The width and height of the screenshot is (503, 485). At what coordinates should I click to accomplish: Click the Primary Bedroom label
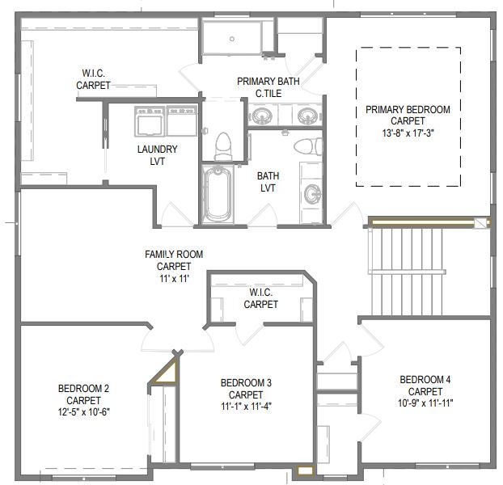[408, 110]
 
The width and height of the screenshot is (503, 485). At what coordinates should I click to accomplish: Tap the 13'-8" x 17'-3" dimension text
[408, 133]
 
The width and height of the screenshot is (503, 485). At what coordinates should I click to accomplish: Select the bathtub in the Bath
[218, 194]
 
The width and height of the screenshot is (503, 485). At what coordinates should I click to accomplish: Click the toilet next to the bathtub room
[223, 147]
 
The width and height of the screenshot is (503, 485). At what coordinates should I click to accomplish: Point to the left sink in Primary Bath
[262, 116]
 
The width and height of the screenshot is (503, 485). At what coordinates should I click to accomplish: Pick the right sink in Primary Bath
[308, 116]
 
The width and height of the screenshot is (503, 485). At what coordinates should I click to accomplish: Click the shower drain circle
[232, 39]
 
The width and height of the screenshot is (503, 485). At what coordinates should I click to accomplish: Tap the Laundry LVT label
[157, 155]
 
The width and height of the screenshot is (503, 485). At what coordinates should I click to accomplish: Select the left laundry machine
[150, 122]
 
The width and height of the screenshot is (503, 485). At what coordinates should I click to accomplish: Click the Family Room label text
[174, 254]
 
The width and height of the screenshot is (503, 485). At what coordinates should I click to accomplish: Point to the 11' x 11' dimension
[174, 279]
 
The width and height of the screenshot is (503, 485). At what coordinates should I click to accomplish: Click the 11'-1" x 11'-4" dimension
[246, 407]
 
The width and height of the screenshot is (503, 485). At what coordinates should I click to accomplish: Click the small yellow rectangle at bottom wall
[305, 470]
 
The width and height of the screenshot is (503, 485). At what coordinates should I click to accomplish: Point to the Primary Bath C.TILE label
[268, 87]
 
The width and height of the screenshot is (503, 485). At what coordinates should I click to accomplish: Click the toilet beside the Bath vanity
[308, 146]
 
